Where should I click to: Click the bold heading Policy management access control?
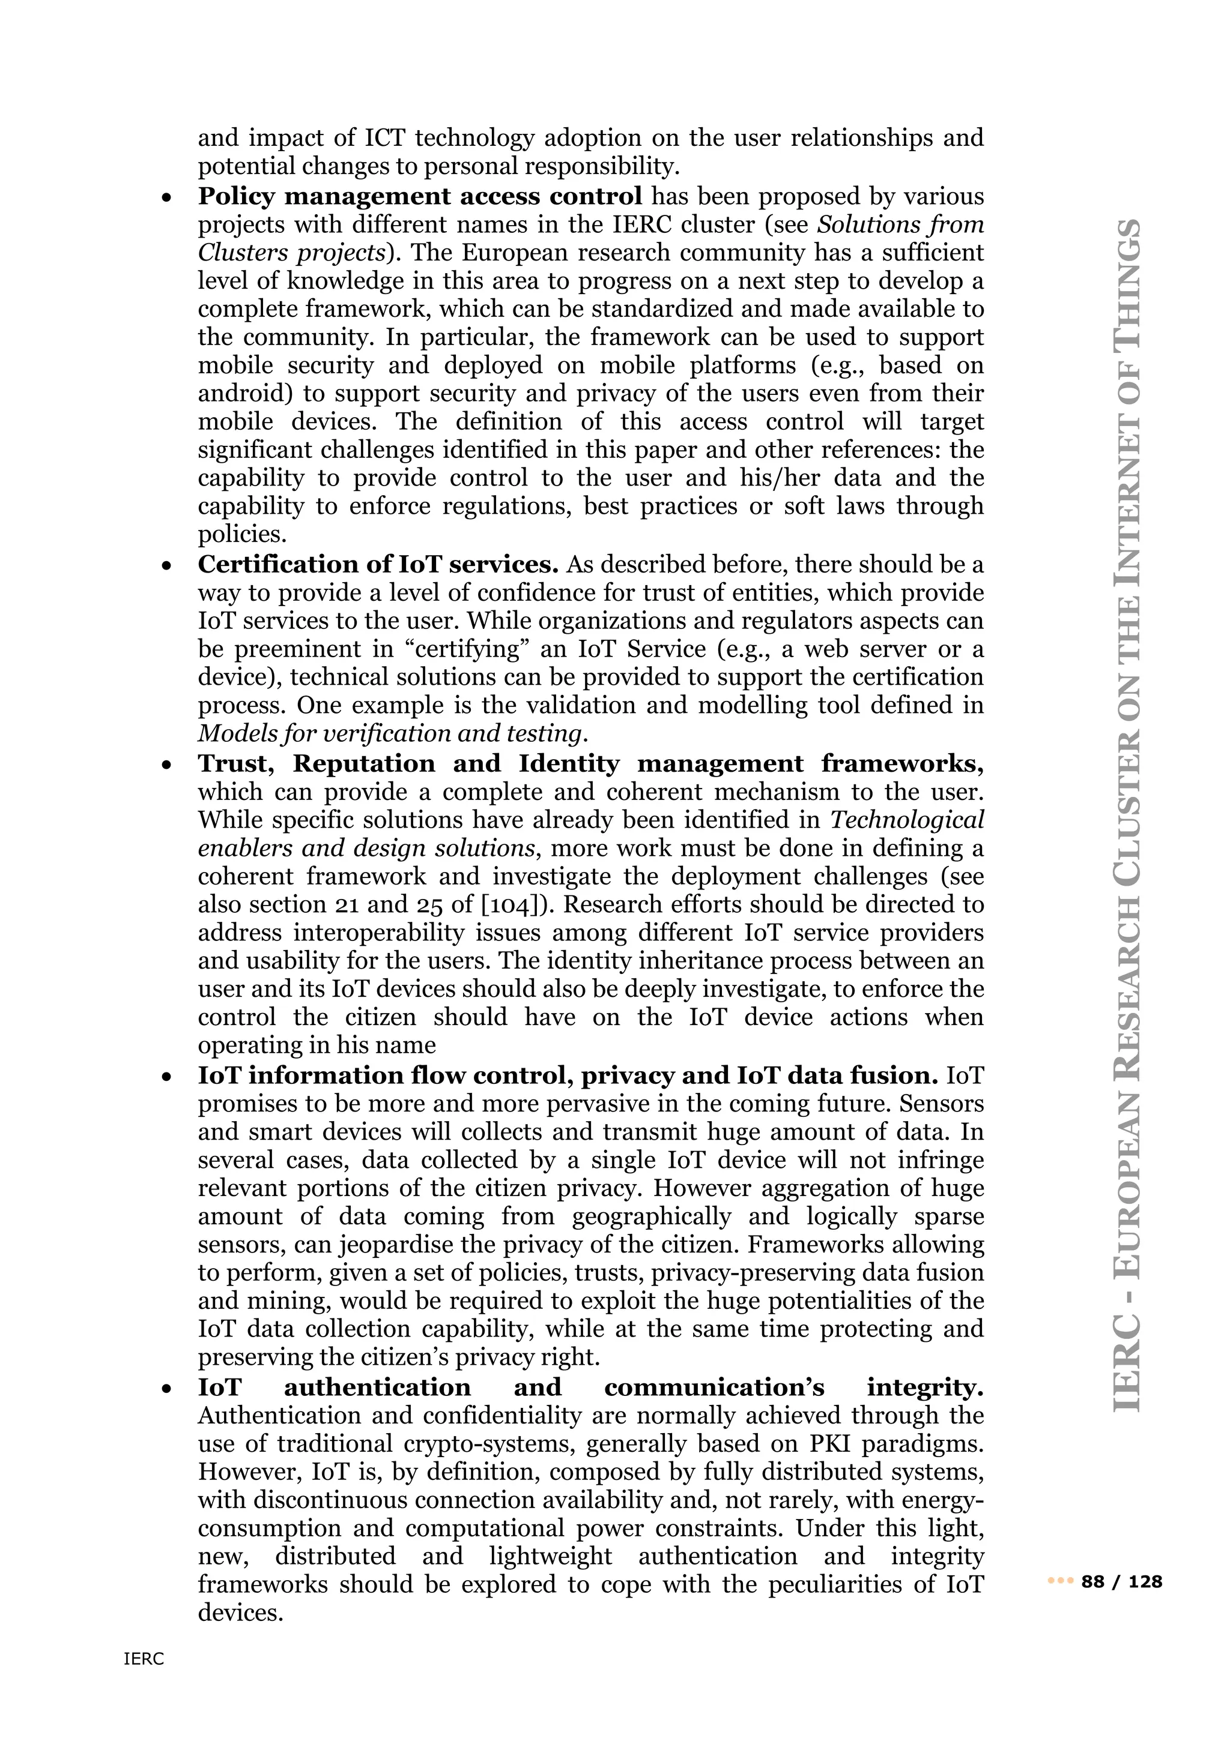pyautogui.click(x=420, y=196)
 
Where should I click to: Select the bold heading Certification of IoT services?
pyautogui.click(x=378, y=564)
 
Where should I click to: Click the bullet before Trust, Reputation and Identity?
pyautogui.click(x=166, y=765)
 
